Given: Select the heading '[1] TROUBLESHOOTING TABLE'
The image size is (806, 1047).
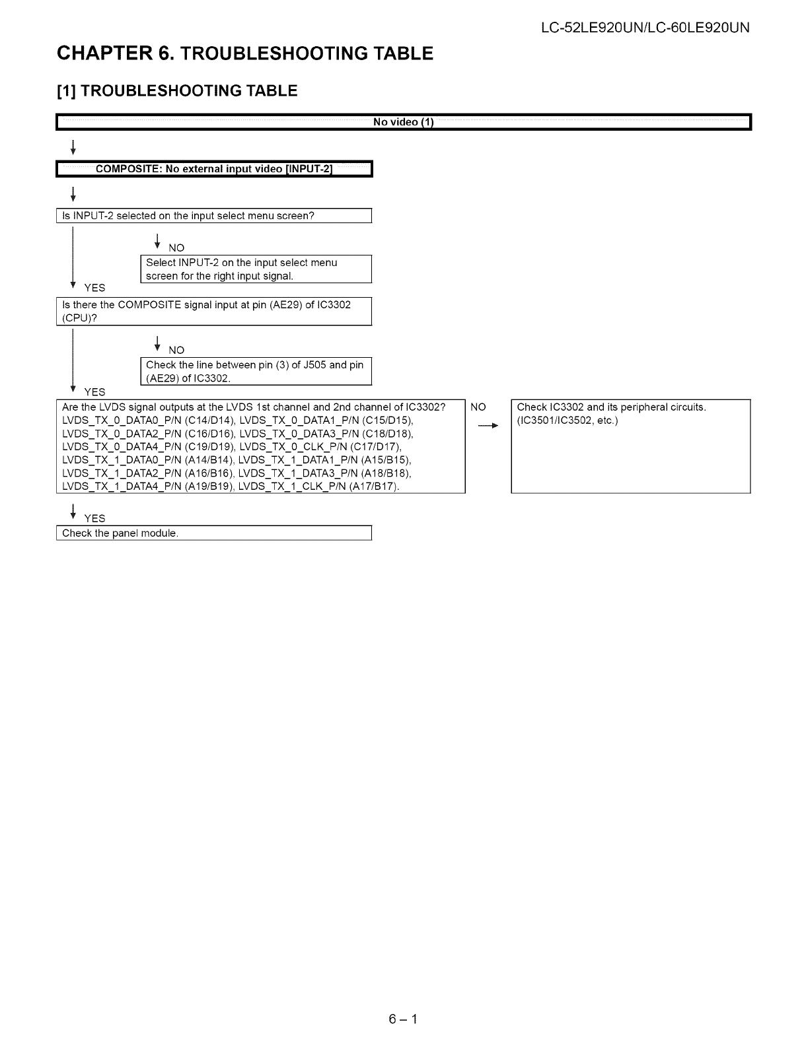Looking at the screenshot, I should click(x=177, y=91).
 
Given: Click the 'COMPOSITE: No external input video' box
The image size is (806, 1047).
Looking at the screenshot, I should click(x=215, y=170).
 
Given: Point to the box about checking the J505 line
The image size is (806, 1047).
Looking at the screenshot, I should click(x=256, y=371).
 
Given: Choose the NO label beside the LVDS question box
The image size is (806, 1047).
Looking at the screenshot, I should click(x=478, y=407).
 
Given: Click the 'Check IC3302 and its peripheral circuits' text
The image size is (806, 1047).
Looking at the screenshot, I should click(x=611, y=407).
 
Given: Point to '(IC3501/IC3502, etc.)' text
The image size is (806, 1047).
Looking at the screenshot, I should click(x=567, y=421).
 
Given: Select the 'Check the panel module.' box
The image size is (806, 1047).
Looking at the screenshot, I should click(x=214, y=533).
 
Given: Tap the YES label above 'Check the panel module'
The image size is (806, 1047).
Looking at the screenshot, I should click(x=94, y=518).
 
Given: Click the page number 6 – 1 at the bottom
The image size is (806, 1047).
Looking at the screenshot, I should click(x=403, y=1019).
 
